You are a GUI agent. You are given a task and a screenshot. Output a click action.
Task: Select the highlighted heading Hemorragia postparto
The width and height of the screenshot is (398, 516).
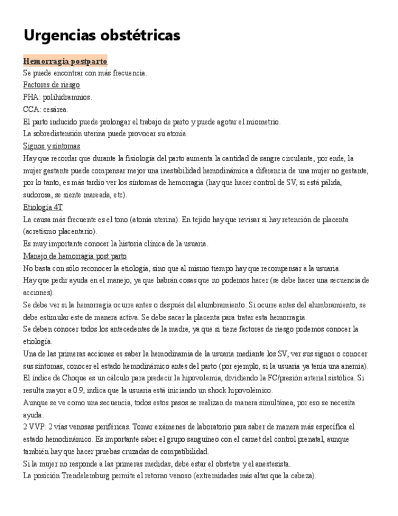coord(65,61)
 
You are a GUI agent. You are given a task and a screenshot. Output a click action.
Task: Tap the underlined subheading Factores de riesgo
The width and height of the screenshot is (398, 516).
coord(52,85)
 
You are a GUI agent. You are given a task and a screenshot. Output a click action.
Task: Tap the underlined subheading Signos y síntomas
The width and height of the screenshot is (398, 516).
coord(52,146)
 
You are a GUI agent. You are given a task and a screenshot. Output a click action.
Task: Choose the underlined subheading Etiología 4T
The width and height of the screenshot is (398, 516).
coord(43,207)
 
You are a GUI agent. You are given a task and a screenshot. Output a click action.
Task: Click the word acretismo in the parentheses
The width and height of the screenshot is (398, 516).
coord(43,232)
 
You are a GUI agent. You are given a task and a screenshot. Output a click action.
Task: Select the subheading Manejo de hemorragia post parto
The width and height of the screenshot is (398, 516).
coord(75,256)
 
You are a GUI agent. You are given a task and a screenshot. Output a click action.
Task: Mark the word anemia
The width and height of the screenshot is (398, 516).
coord(352,366)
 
